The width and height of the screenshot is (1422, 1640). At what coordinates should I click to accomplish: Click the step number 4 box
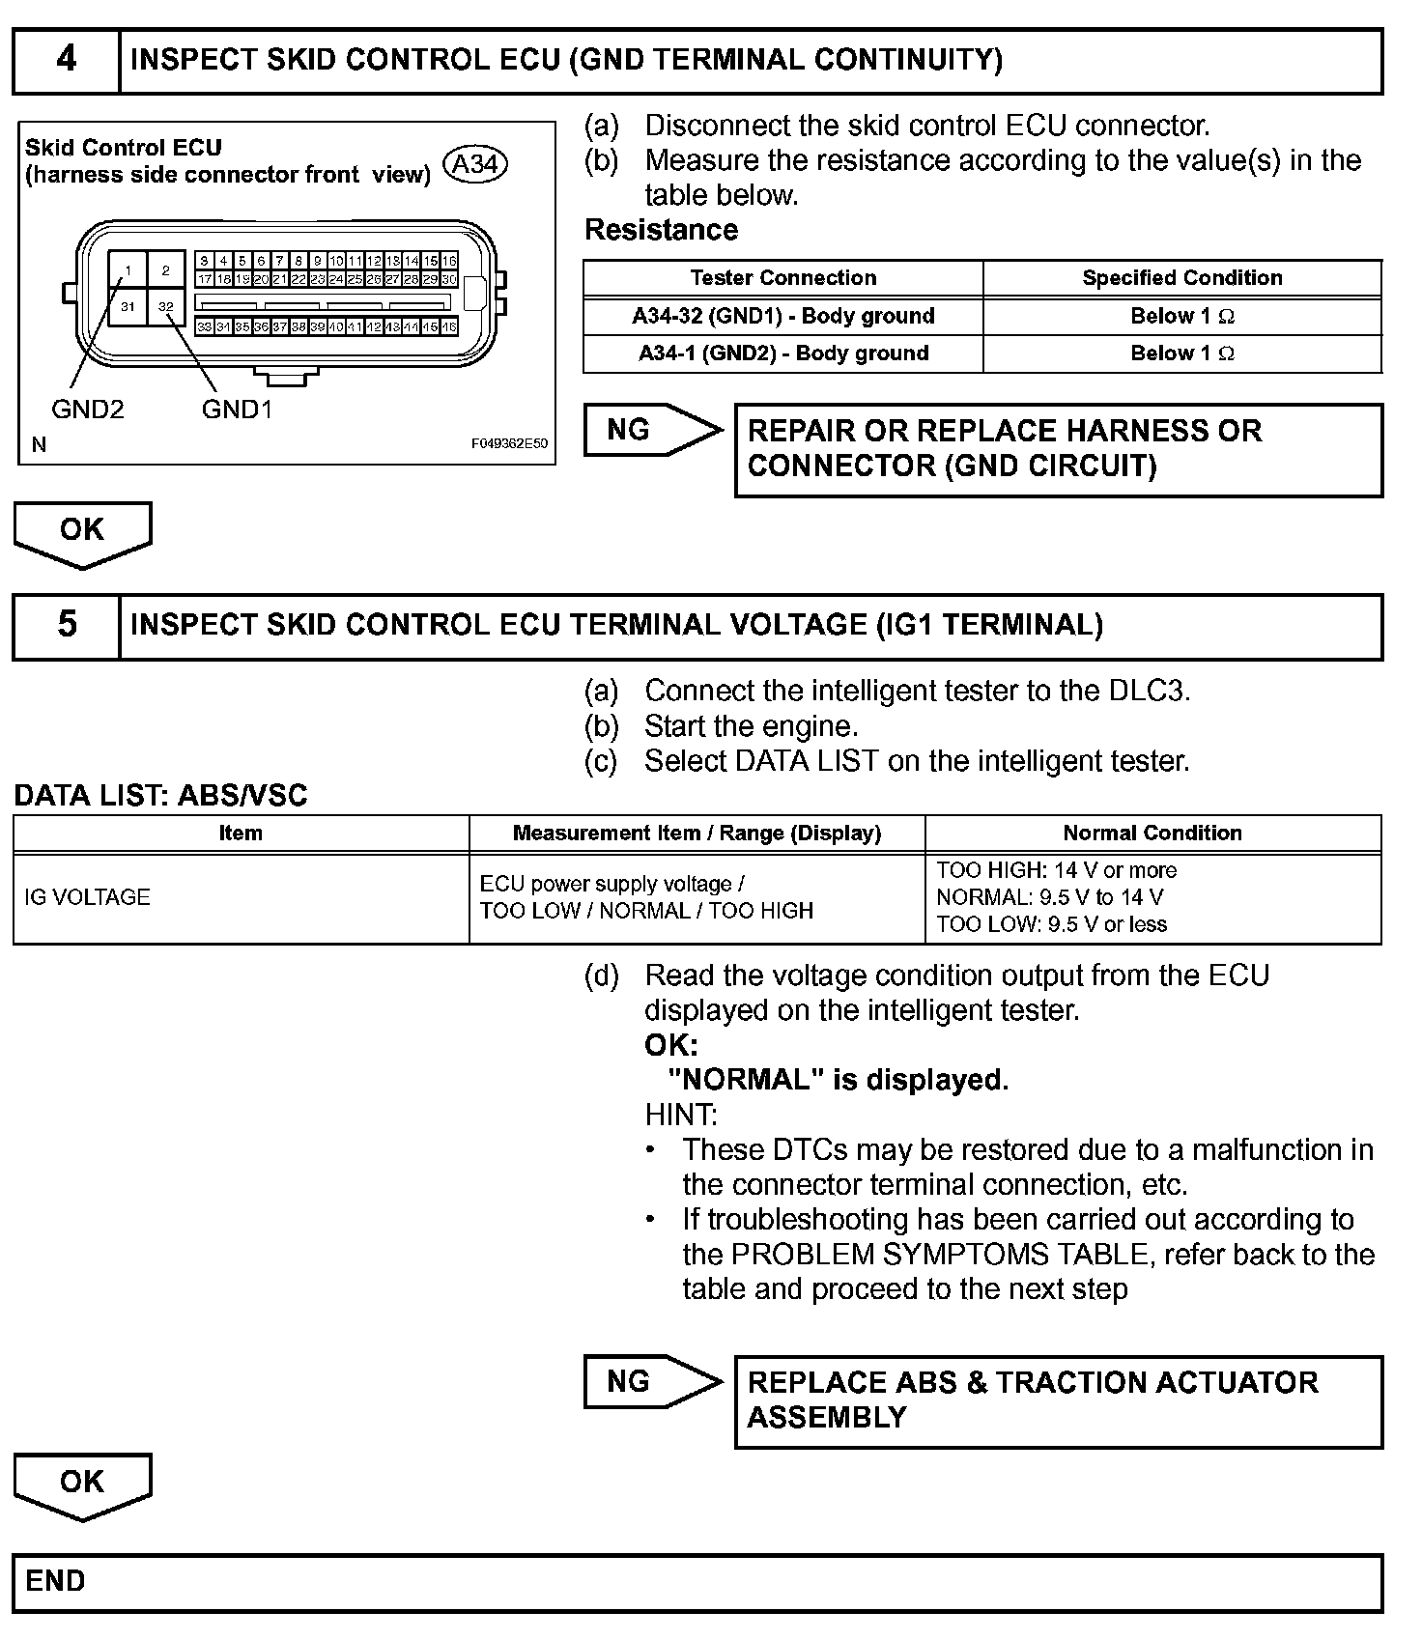(x=66, y=60)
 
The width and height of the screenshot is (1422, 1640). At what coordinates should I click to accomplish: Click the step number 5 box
(x=66, y=625)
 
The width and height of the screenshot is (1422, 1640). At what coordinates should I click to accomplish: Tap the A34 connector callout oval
(x=474, y=164)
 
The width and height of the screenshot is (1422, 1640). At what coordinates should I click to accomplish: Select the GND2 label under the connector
(x=88, y=410)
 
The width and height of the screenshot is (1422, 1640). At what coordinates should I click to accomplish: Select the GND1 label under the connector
(x=237, y=410)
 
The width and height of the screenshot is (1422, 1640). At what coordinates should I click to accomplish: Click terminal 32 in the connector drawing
(x=166, y=307)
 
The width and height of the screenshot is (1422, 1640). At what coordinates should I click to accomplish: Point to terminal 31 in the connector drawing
(x=128, y=308)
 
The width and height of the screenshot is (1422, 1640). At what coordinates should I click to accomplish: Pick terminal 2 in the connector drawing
(x=166, y=270)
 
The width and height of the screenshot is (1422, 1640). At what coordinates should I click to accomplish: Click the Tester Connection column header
(x=782, y=278)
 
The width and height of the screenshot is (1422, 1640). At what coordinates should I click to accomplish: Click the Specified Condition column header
(x=1181, y=278)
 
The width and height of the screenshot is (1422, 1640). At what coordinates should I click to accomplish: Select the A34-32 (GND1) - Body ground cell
(x=782, y=316)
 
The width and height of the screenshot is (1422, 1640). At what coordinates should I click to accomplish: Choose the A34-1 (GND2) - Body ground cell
(x=782, y=353)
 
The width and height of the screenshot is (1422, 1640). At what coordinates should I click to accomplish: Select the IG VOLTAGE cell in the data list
(x=88, y=897)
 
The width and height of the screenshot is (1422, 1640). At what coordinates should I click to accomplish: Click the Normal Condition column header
(x=1152, y=834)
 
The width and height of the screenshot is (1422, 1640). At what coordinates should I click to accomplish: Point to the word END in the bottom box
(x=55, y=1581)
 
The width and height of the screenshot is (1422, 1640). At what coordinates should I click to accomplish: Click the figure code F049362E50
(x=509, y=444)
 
